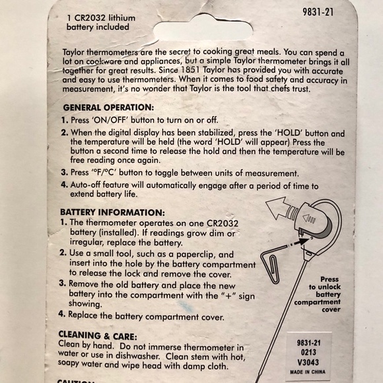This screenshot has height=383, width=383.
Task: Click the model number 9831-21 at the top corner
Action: (x=318, y=12)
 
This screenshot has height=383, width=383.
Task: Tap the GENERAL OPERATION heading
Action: (x=108, y=108)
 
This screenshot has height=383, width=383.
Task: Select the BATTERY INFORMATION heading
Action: (x=112, y=212)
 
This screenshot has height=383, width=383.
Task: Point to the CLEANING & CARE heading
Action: (x=98, y=335)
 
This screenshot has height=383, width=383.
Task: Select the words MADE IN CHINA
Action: (x=308, y=372)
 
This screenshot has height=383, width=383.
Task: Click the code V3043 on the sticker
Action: (x=308, y=362)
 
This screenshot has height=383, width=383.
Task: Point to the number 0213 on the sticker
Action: (x=308, y=352)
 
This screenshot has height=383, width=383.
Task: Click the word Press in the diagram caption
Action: (x=330, y=279)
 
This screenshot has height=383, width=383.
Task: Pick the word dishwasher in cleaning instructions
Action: (x=137, y=356)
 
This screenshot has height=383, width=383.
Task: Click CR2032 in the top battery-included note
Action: (x=90, y=18)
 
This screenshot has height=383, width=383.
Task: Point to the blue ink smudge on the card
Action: (x=186, y=306)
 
